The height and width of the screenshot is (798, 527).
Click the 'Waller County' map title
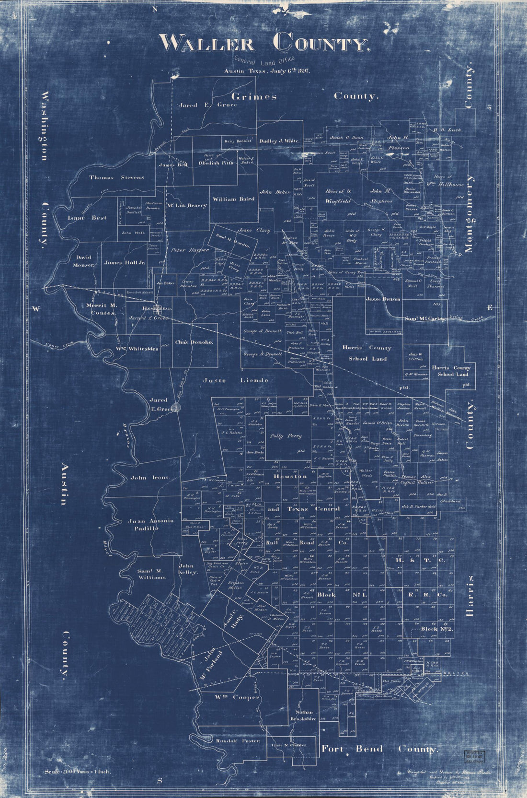(x=264, y=43)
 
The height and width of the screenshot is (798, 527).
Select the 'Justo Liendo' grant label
(x=235, y=380)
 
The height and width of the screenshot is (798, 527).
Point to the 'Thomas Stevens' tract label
(x=116, y=177)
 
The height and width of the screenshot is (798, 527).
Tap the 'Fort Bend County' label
(x=379, y=749)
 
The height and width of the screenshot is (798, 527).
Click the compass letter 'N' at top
(x=155, y=9)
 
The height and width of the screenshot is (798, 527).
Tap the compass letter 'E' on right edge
(x=489, y=307)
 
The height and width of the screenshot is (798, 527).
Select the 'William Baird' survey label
(x=233, y=199)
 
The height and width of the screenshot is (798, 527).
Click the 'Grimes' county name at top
(x=254, y=96)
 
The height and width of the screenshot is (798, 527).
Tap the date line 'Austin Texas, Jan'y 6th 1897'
(x=267, y=70)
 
